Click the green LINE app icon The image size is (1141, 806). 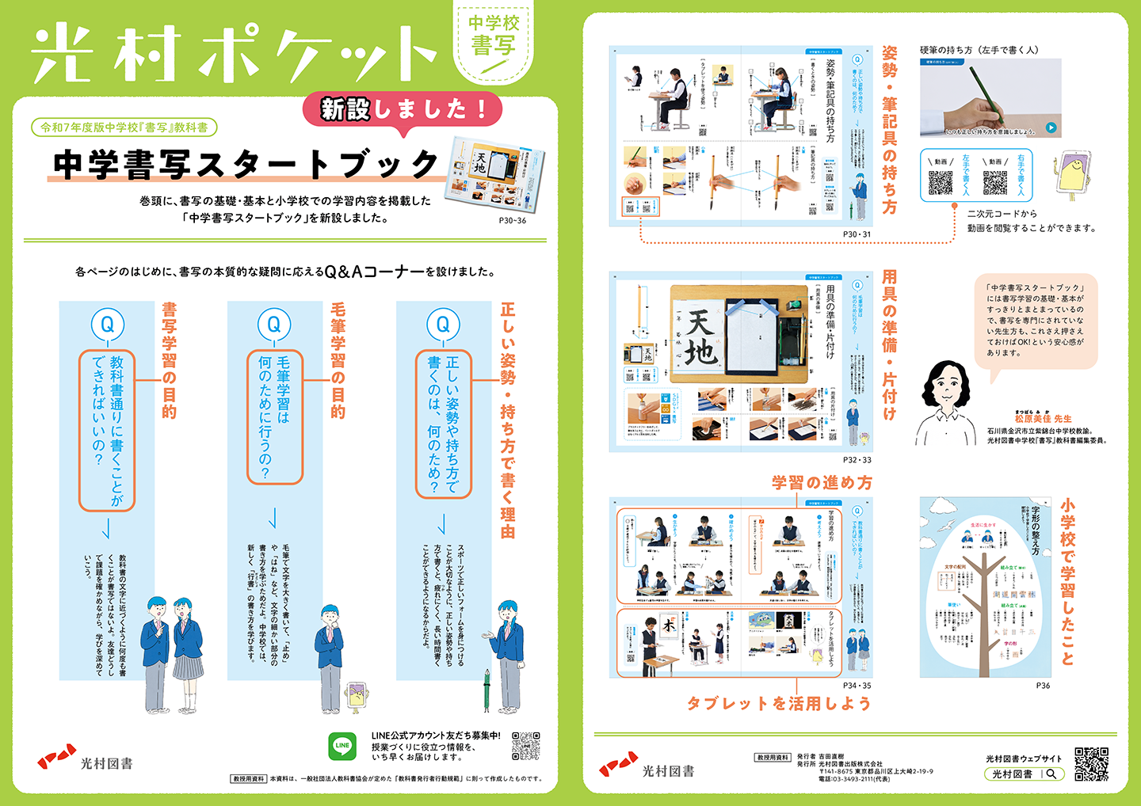pos(342,746)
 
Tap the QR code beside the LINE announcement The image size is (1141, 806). pos(525,746)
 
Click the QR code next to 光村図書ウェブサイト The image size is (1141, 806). pos(1091,764)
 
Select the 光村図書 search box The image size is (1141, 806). pos(1023,774)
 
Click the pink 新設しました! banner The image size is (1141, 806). pos(403,109)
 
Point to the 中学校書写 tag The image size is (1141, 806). pos(493,36)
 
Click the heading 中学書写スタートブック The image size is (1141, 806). pos(246,164)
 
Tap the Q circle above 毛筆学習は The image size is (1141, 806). pos(274,325)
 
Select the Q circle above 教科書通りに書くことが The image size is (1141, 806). pos(107,325)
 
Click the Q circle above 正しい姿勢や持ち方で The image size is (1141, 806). pos(443,325)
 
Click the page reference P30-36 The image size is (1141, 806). pos(512,221)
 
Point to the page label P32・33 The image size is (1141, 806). pos(857,460)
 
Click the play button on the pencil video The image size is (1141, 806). pos(1051,127)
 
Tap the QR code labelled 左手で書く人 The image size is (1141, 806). pos(941,182)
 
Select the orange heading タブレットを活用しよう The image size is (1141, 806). pos(779,704)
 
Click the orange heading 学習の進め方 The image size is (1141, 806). pos(822,482)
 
